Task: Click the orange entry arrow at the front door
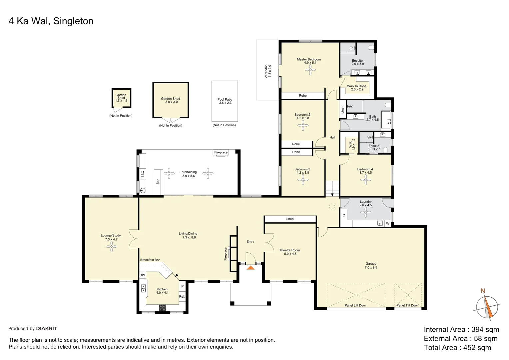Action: pyautogui.click(x=251, y=267)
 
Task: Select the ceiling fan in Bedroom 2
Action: pyautogui.click(x=303, y=125)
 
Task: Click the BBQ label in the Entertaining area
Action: pyautogui.click(x=143, y=174)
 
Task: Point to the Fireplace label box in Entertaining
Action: pyautogui.click(x=221, y=152)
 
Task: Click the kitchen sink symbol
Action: pyautogui.click(x=144, y=288)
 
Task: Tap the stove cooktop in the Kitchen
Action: pyautogui.click(x=162, y=308)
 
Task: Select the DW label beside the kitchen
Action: pyautogui.click(x=142, y=275)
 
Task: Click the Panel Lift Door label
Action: pyautogui.click(x=355, y=305)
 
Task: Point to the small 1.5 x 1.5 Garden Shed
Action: pyautogui.click(x=121, y=98)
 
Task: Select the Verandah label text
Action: pyautogui.click(x=268, y=71)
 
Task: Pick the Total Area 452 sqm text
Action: pyautogui.click(x=457, y=348)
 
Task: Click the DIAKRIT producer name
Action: pyautogui.click(x=46, y=329)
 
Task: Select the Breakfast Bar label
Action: pyautogui.click(x=150, y=260)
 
